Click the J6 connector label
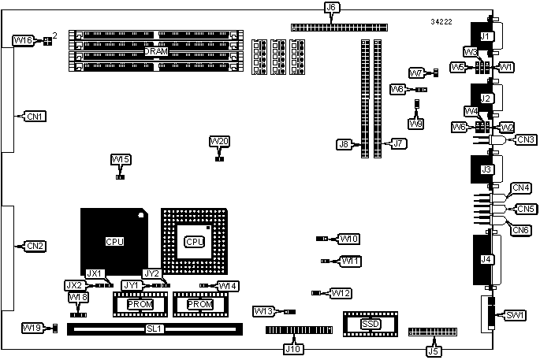[x=332, y=8]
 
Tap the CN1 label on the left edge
[x=35, y=117]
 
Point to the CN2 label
[x=35, y=246]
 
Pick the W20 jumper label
[x=220, y=142]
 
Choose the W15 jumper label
[x=121, y=160]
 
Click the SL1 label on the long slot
[x=155, y=328]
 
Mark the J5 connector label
[x=433, y=347]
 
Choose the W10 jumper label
[x=349, y=238]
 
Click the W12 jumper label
[x=341, y=293]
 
